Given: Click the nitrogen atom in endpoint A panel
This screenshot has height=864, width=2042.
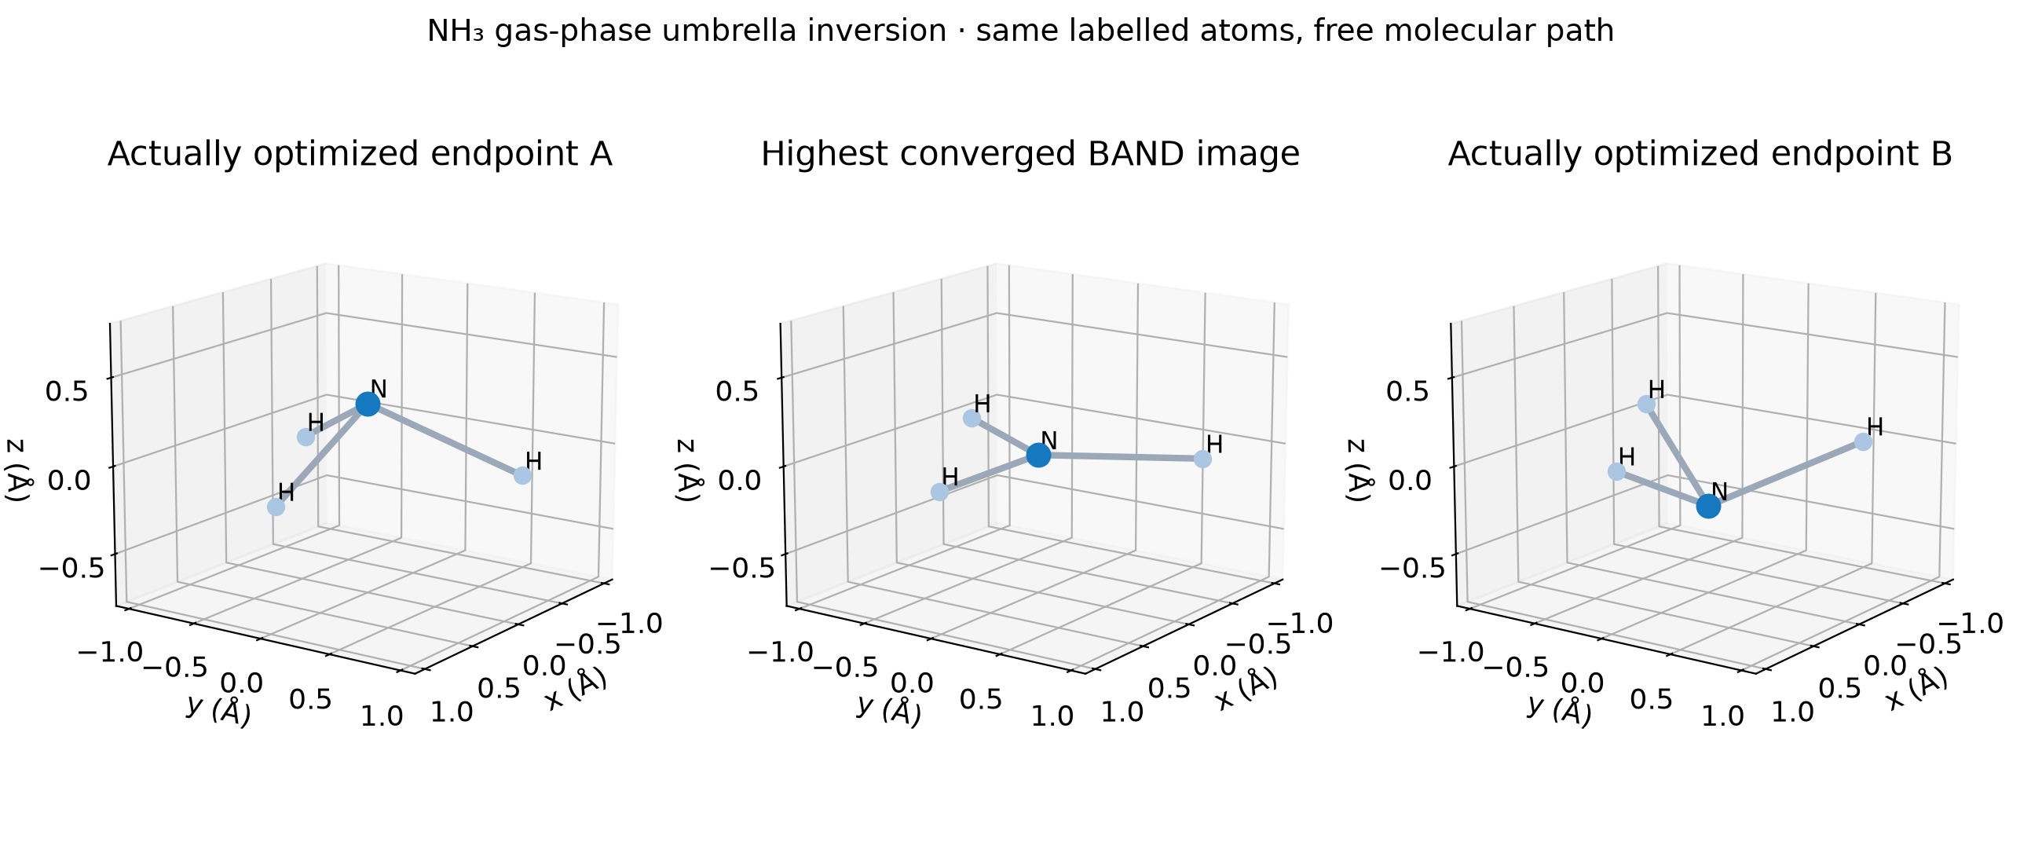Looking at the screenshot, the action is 367,405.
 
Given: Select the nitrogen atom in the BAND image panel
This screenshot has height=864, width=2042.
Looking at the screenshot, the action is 1038,455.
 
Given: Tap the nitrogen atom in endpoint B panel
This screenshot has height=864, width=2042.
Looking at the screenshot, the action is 1708,507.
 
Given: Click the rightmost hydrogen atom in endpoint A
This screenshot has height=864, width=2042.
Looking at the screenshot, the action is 522,476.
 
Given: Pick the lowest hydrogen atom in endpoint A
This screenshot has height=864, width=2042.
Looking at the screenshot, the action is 276,507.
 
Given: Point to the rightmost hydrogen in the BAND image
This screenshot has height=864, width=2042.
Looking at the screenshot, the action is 1202,459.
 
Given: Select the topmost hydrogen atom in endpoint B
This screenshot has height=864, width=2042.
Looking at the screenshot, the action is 1646,405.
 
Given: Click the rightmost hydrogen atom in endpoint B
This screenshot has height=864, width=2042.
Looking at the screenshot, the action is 1864,442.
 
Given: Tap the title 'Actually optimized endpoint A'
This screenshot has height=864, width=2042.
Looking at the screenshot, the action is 360,154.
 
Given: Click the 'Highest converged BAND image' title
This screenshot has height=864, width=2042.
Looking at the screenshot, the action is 1030,154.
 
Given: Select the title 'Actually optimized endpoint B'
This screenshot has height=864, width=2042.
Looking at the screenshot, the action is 1700,154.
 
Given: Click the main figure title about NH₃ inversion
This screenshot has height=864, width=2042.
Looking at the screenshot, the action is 1021,31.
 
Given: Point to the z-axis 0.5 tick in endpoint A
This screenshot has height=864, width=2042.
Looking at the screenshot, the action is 72,392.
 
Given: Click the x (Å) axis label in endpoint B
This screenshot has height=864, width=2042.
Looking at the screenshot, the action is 1917,689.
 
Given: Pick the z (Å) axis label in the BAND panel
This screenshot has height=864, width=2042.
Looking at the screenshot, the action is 686,470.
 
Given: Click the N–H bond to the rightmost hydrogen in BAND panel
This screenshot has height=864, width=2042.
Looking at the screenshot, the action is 1121,456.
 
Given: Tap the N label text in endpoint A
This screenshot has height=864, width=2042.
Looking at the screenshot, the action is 379,388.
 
